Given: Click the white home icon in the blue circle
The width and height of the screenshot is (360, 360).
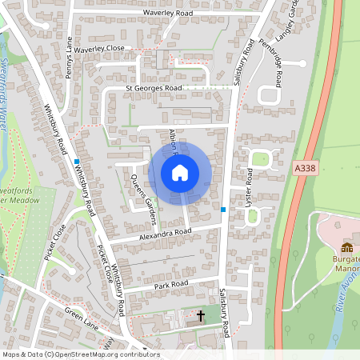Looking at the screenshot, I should [180, 172].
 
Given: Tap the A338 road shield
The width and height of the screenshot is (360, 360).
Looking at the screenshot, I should [305, 169].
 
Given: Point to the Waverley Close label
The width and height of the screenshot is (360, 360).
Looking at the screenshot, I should [102, 49].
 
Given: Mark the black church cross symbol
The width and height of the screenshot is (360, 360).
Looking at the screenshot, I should [201, 317].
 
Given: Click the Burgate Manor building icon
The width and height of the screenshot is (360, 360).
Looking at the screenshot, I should [347, 247].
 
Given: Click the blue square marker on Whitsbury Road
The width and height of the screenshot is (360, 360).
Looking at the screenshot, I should [77, 161].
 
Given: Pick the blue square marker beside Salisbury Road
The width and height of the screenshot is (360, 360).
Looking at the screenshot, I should [223, 210].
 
